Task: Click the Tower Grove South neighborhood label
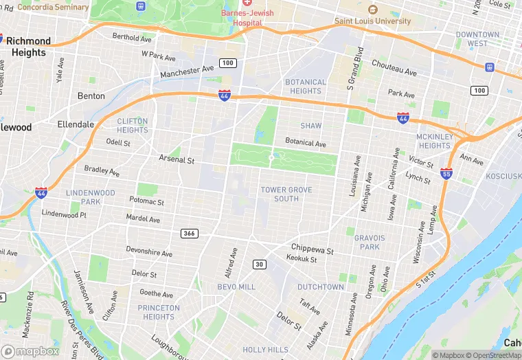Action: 286,194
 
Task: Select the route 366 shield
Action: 190,234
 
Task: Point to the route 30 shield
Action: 259,265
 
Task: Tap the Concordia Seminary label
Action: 53,8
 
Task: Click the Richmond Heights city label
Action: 29,47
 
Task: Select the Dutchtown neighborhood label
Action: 321,287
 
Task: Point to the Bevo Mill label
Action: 236,286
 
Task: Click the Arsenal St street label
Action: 177,159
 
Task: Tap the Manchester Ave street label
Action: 187,71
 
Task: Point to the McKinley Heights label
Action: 434,141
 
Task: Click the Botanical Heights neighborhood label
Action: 306,87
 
